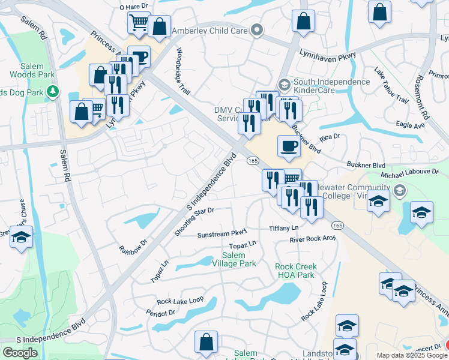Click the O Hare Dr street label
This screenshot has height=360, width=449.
[x=133, y=7]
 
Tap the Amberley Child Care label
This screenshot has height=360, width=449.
[x=210, y=30]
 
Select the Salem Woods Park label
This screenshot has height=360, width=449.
[x=32, y=71]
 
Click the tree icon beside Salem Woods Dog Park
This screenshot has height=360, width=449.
[x=53, y=91]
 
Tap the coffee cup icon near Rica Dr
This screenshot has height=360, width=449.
[x=289, y=146]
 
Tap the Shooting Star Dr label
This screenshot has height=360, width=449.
[x=194, y=222]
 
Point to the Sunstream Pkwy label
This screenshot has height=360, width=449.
[x=222, y=234]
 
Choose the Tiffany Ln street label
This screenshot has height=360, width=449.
[x=283, y=229]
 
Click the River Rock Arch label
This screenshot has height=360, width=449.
[x=312, y=239]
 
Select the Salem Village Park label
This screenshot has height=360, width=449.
[x=235, y=259]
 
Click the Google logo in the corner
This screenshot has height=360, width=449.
[x=20, y=353]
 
